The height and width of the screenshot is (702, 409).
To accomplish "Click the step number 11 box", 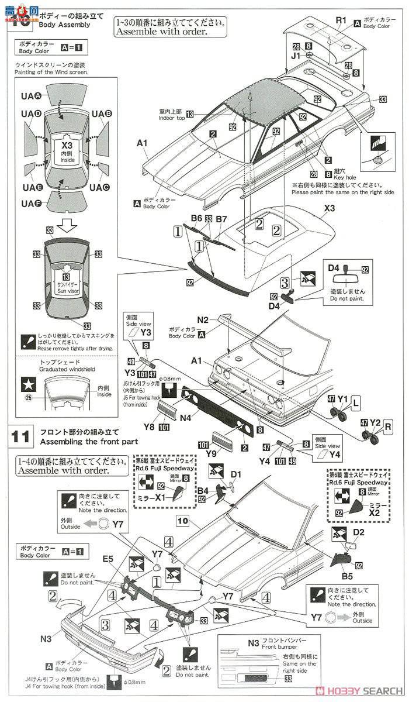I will pyautogui.click(x=20, y=436).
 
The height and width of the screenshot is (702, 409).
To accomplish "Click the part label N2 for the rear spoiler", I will pyautogui.click(x=203, y=320).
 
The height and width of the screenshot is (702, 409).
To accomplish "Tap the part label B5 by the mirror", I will pyautogui.click(x=347, y=576).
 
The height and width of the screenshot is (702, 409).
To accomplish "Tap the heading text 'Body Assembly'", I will pyautogui.click(x=64, y=25).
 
